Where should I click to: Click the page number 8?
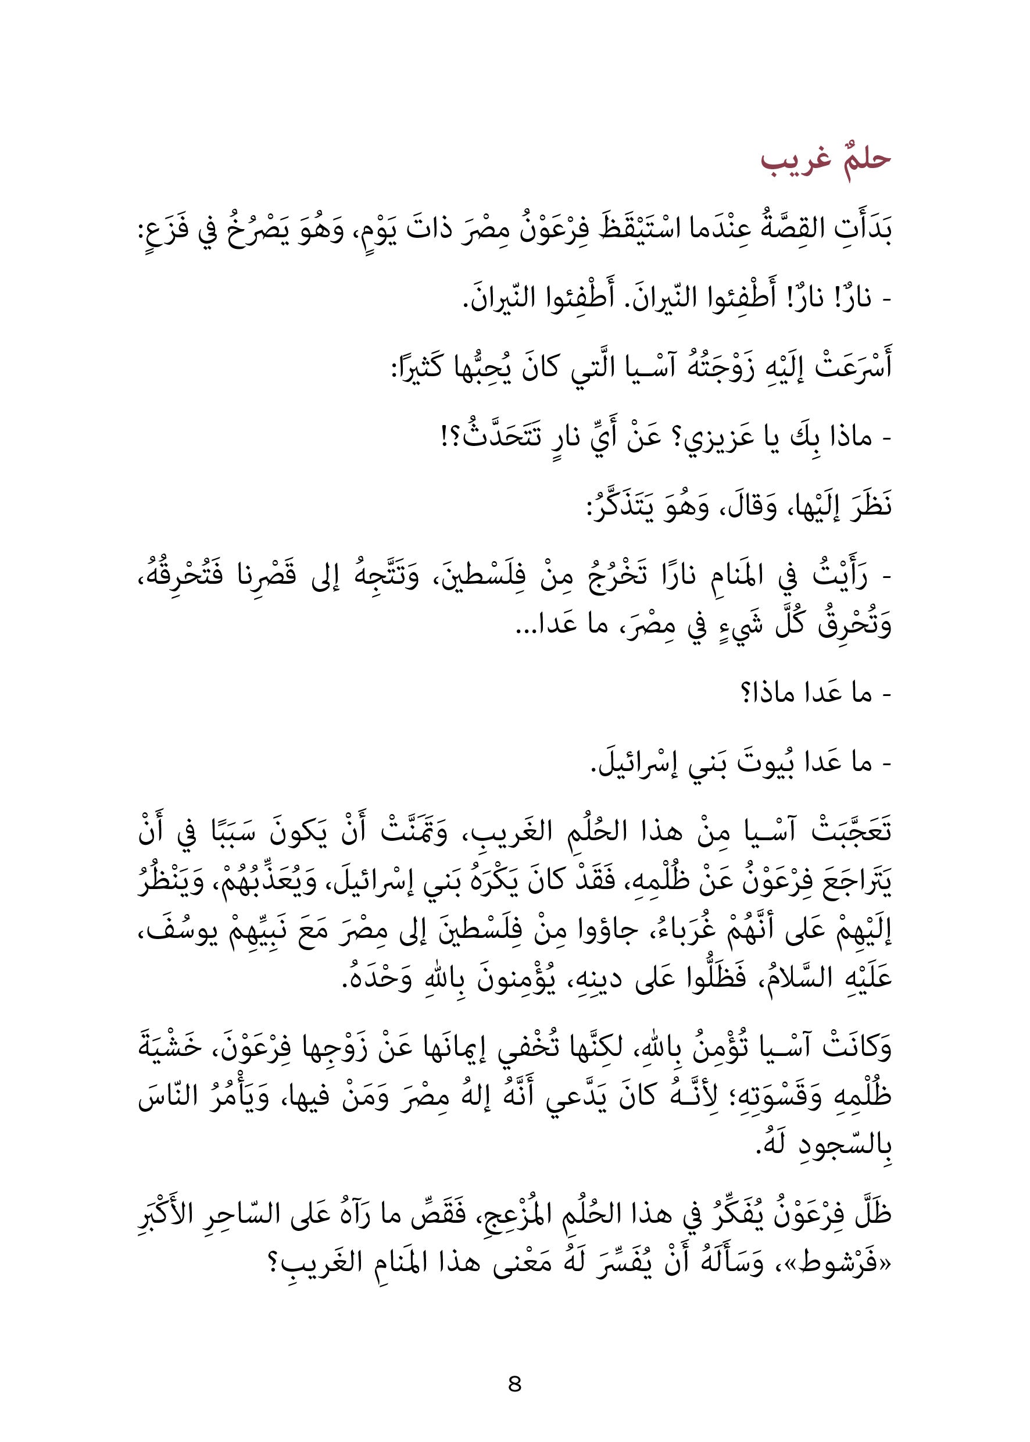[514, 1384]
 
